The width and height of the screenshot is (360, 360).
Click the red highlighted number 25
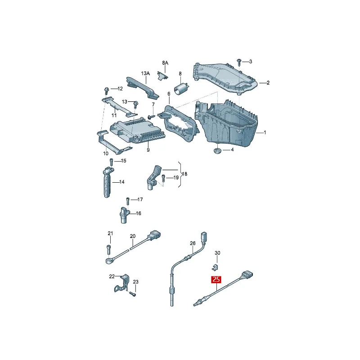click(216, 279)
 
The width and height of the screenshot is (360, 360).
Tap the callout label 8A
click(165, 63)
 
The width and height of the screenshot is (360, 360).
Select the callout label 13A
click(145, 73)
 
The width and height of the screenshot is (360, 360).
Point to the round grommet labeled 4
click(217, 151)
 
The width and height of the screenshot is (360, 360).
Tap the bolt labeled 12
click(106, 90)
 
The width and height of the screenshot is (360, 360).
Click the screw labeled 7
click(151, 117)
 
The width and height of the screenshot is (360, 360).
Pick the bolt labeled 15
click(111, 162)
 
